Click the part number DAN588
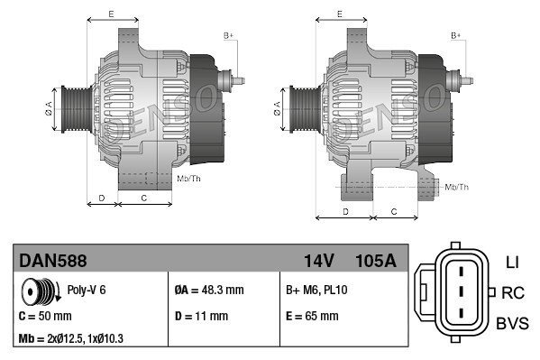point(53,261)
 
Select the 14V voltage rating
point(318,261)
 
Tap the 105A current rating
point(376,261)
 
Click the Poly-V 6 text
point(87,290)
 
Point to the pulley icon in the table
point(41,291)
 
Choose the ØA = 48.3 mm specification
point(209,290)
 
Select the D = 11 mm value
point(201,316)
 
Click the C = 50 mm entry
point(45,316)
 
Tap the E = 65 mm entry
point(312,316)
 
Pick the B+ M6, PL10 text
point(316,290)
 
